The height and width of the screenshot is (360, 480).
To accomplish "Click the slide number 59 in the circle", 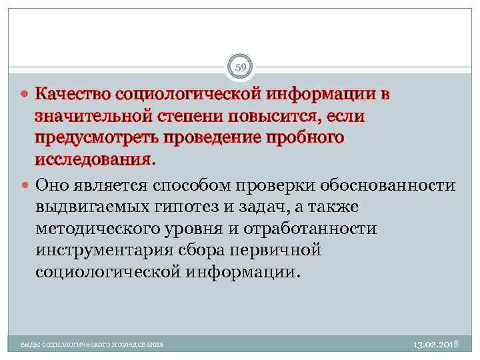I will point(240,67).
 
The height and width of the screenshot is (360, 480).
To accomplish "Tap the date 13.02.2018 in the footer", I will point(435,345).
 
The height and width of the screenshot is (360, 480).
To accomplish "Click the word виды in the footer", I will point(29,345).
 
